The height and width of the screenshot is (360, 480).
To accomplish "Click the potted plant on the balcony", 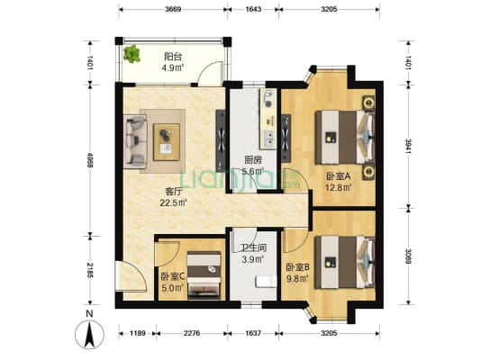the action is [132, 54].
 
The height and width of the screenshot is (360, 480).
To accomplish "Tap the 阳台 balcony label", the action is [173, 57].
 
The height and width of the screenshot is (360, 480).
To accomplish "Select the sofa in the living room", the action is [135, 141].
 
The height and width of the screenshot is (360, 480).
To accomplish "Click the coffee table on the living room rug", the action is [167, 142].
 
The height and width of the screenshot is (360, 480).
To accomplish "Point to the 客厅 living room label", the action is [174, 192].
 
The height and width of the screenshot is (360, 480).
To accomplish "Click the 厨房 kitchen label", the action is [253, 159].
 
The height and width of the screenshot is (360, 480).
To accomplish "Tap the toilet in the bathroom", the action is [267, 282].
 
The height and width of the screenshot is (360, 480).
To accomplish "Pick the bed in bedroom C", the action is [204, 275].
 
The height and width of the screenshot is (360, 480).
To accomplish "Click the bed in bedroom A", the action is [345, 138].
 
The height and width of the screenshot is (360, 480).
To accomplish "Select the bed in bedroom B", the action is [345, 262].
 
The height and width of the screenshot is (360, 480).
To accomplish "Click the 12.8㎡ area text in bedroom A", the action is [338, 187].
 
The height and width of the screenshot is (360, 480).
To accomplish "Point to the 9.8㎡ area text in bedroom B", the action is [296, 278].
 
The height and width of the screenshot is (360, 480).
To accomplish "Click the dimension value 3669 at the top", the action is [173, 9].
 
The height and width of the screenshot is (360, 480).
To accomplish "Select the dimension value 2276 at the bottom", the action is [192, 333].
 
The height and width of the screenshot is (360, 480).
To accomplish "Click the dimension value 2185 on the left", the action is [90, 270].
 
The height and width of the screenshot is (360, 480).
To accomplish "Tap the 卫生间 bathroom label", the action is [253, 247].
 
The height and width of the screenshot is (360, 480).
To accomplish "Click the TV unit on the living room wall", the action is [221, 140].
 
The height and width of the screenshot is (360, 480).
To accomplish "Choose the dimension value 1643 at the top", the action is [253, 9].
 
